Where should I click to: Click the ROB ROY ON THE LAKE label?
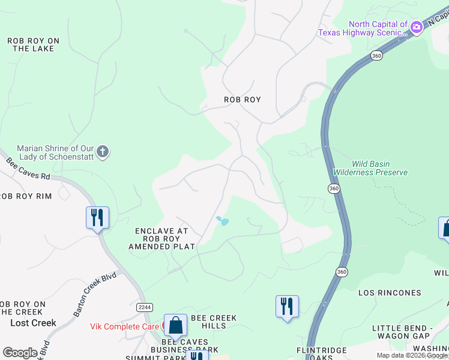[33, 45]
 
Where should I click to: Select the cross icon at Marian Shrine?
[103, 151]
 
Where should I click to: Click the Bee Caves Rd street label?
[28, 169]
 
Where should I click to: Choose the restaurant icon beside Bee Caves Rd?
[97, 217]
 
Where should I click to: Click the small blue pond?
[223, 221]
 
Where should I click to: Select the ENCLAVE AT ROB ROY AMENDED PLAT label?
[161, 239]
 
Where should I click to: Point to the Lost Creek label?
[33, 323]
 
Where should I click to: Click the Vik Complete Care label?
[124, 326]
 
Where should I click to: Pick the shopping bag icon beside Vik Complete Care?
[175, 326]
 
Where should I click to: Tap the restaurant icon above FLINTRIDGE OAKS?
[287, 307]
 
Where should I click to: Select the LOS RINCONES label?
[390, 293]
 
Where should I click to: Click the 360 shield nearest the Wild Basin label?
[334, 188]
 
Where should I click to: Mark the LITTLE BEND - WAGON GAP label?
[410, 332]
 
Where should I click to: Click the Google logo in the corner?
[20, 353]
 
